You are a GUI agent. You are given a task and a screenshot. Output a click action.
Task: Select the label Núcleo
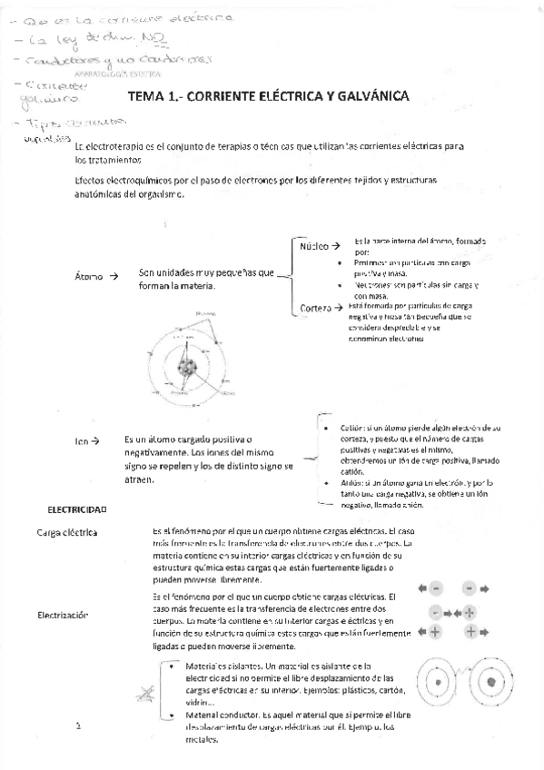pos(312,246)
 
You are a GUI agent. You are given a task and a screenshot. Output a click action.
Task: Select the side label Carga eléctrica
pos(67,531)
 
